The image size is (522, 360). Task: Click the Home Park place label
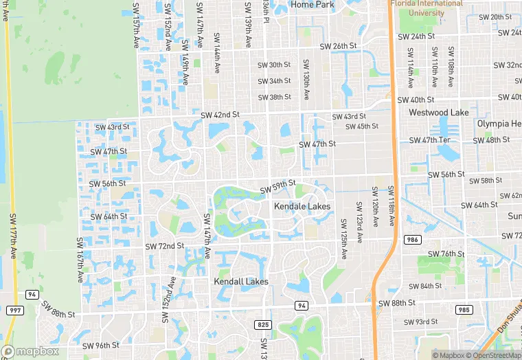(x=312, y=4)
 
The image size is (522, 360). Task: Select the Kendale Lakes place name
(x=302, y=206)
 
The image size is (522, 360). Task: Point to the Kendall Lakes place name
(x=241, y=282)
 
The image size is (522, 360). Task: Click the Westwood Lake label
(x=438, y=112)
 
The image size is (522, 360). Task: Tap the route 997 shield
(x=14, y=311)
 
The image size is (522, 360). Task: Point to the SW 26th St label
(x=339, y=46)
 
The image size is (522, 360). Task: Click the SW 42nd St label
(x=220, y=114)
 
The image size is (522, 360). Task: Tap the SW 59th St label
(x=277, y=185)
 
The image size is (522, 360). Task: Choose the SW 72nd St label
(x=165, y=245)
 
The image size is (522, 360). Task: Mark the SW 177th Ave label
(x=13, y=235)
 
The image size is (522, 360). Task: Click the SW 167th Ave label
(x=80, y=260)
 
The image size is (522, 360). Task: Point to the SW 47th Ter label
(x=429, y=140)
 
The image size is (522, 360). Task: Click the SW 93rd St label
(x=420, y=322)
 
